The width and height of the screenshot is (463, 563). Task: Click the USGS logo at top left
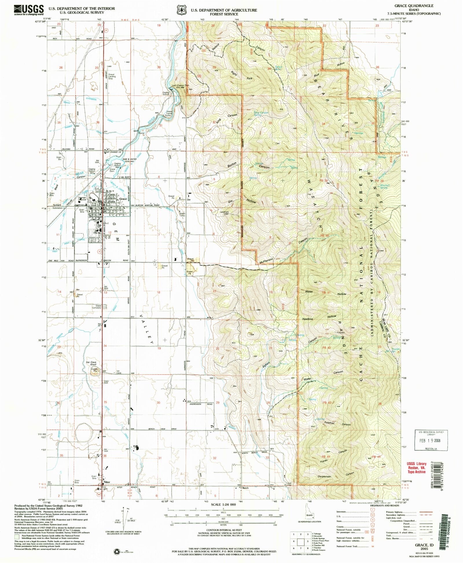click(x=29, y=10)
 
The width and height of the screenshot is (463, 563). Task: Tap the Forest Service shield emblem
click(x=182, y=10)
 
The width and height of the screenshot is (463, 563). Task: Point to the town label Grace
click(x=123, y=199)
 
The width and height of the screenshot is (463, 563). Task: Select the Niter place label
click(x=107, y=482)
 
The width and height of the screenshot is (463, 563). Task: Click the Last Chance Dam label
click(x=180, y=85)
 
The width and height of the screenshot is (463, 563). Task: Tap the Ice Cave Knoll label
click(x=91, y=364)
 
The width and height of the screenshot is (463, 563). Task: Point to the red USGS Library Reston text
click(x=416, y=468)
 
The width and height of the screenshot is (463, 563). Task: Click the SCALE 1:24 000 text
click(x=223, y=504)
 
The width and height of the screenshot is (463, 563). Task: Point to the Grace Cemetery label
click(x=96, y=307)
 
